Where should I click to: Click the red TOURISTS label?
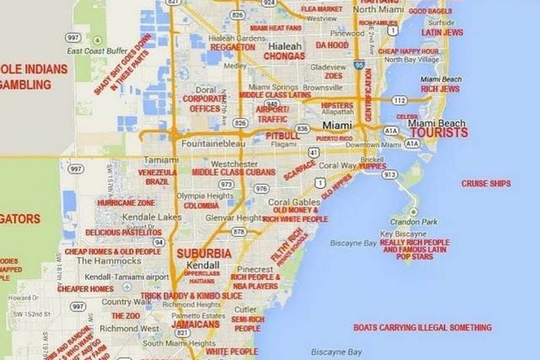click(x=439, y=132)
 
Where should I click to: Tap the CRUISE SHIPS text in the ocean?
click(x=486, y=183)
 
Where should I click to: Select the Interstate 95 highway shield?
click(x=359, y=65)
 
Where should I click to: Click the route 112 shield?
click(x=399, y=100)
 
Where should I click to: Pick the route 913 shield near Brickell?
click(x=390, y=174)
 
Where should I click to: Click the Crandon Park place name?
click(x=413, y=222)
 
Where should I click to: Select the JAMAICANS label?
click(x=195, y=324)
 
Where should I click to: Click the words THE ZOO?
click(x=126, y=316)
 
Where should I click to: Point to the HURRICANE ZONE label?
click(x=126, y=203)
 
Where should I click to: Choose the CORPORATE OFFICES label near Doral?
click(x=204, y=104)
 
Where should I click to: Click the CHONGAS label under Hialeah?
click(x=284, y=56)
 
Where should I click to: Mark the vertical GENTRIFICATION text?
click(x=368, y=94)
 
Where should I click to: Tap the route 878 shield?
click(x=239, y=231)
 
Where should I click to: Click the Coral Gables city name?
click(x=294, y=202)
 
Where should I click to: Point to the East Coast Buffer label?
click(x=97, y=51)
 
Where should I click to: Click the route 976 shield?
click(x=261, y=189)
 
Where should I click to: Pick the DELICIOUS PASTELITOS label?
click(x=123, y=232)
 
